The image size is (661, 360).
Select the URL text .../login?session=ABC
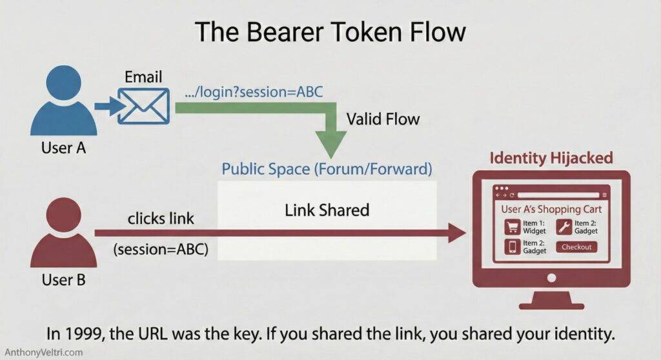[x=253, y=91]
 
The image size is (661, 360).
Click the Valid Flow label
[x=383, y=119]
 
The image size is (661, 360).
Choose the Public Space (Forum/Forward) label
[x=326, y=169]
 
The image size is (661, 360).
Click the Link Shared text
[x=327, y=210]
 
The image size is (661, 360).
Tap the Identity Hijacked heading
[x=551, y=158]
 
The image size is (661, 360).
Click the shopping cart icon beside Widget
[x=513, y=226]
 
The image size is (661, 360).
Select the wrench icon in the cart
[x=562, y=226]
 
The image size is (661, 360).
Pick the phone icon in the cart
[x=513, y=246]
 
